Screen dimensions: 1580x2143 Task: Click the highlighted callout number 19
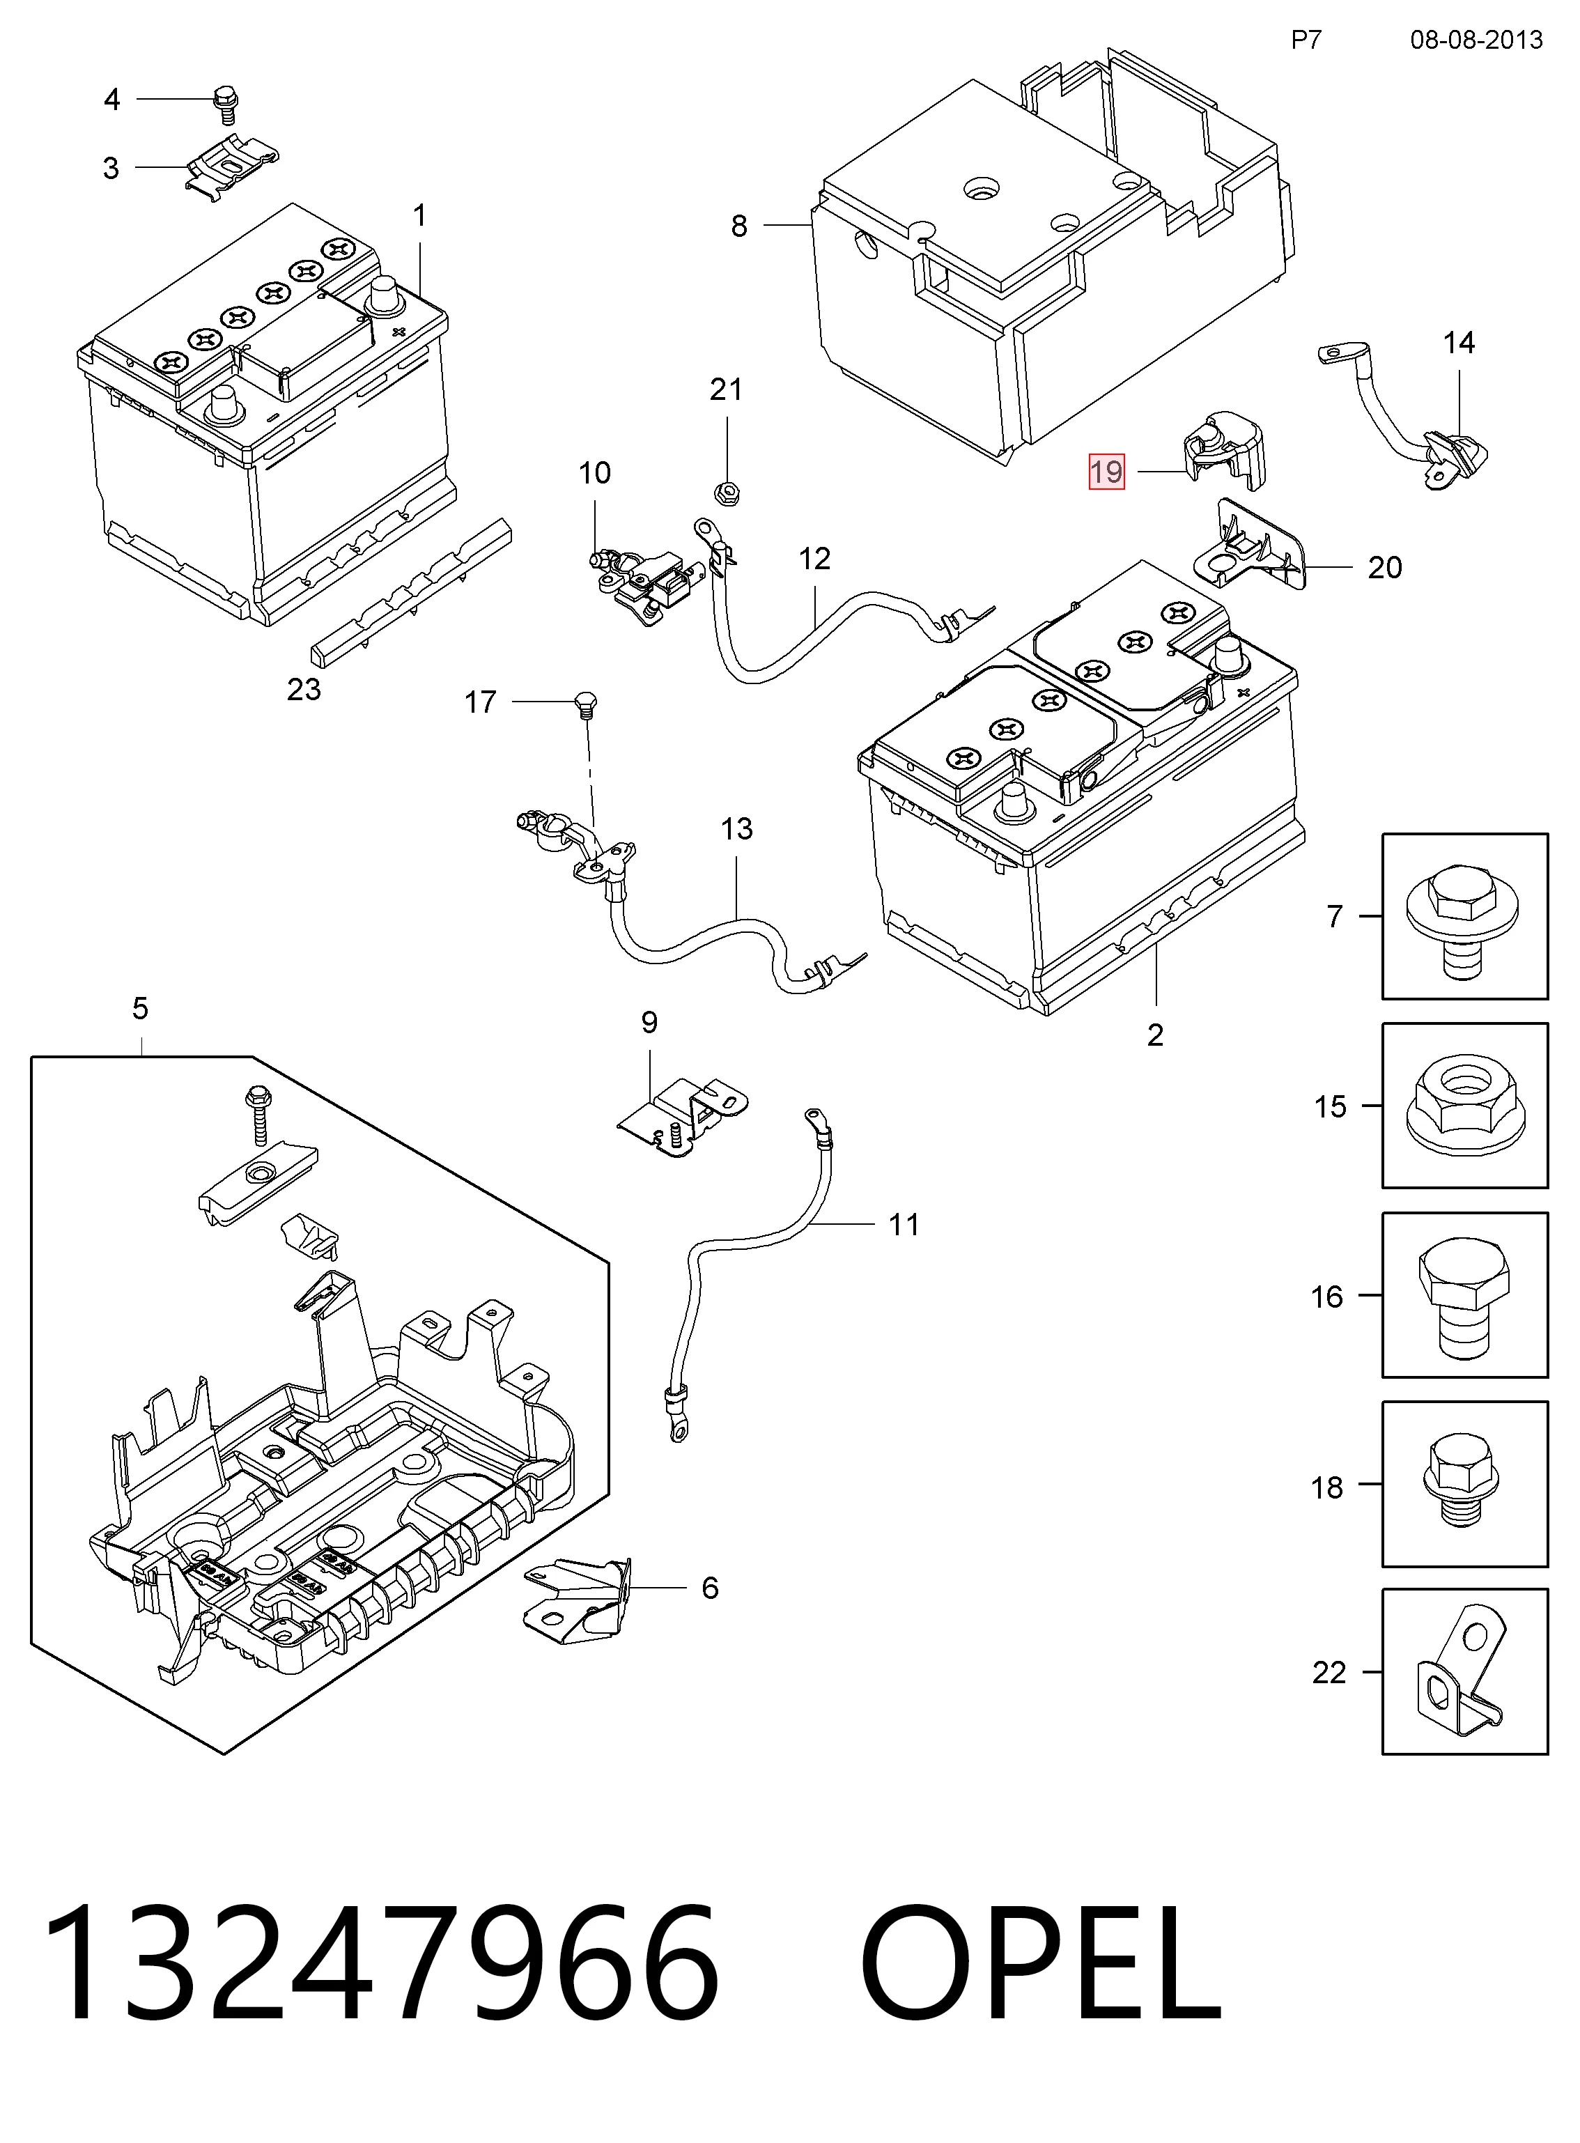pos(1106,472)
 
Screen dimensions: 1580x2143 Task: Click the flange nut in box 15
pos(1464,1106)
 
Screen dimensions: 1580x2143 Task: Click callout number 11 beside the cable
pos(904,1224)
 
